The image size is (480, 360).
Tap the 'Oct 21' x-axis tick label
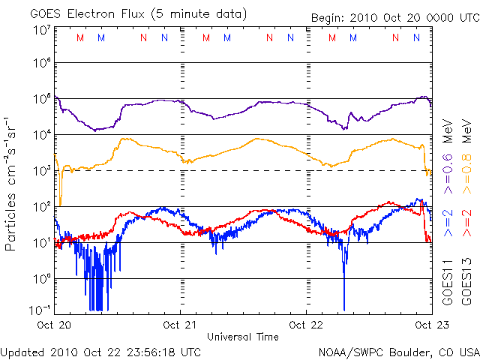click(x=181, y=325)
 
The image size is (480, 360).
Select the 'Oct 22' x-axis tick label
click(x=307, y=325)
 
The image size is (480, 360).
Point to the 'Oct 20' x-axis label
click(x=55, y=325)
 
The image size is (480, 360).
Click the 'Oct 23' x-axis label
click(x=429, y=325)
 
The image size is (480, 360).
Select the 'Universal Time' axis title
click(x=243, y=337)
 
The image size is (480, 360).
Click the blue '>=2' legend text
click(x=448, y=223)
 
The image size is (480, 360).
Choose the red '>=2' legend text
click(x=466, y=223)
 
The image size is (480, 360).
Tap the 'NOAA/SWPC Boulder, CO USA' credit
click(x=398, y=350)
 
